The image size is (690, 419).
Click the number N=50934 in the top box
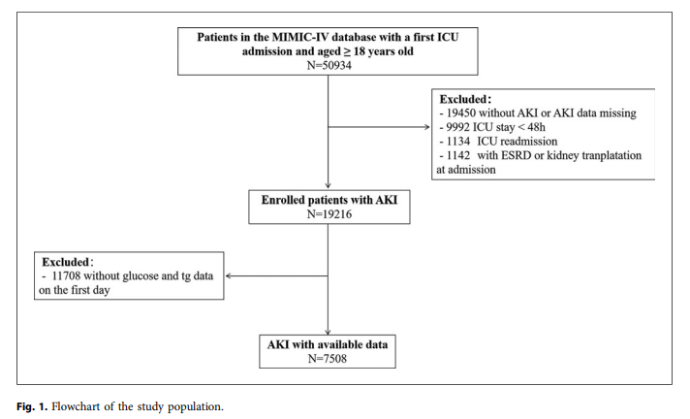point(329,65)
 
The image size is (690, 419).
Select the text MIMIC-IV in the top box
point(300,37)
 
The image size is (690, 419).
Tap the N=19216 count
point(329,214)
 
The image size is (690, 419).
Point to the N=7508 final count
point(328,359)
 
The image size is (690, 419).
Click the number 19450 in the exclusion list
point(460,113)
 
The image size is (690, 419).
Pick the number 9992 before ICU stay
point(457,127)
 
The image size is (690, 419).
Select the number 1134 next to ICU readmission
point(458,142)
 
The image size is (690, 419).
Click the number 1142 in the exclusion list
point(458,155)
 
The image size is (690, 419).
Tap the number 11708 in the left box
point(66,276)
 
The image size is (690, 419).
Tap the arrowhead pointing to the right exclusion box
point(426,127)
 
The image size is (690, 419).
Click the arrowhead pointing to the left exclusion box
point(229,276)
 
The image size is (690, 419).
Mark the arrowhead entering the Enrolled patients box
point(328,186)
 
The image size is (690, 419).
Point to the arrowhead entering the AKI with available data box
point(328,332)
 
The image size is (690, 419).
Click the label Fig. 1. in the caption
point(32,406)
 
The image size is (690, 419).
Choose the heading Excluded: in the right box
point(465,99)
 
